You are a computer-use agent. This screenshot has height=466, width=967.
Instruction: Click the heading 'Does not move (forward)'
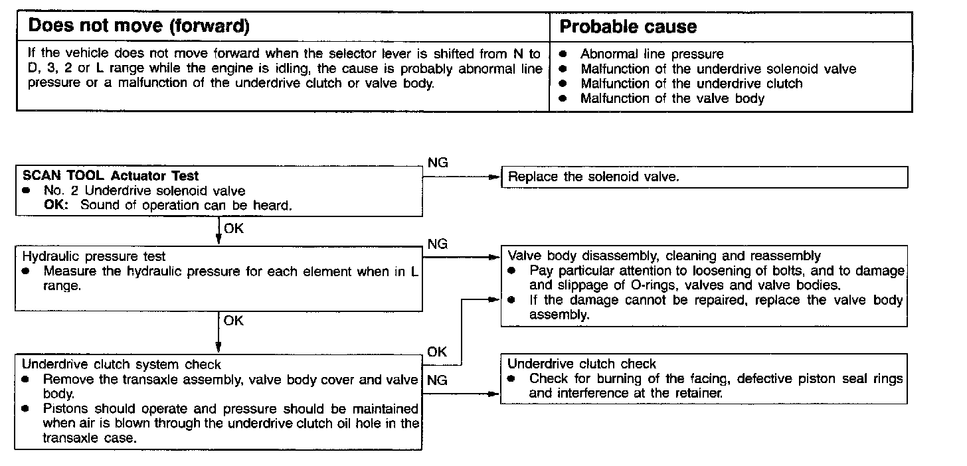point(139,27)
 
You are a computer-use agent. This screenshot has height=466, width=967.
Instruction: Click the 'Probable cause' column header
point(628,27)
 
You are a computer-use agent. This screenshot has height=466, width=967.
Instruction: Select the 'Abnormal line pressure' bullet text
point(652,54)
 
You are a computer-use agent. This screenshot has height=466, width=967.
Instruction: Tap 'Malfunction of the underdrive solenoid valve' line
point(718,69)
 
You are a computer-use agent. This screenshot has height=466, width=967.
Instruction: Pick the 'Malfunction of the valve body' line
point(672,99)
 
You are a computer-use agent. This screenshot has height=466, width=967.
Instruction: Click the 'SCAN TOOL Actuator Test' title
point(110,176)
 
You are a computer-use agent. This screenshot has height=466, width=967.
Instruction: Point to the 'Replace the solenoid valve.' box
point(704,177)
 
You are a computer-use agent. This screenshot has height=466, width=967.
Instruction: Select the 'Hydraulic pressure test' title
point(94,256)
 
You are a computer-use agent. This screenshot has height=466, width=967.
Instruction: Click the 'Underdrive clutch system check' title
point(122,364)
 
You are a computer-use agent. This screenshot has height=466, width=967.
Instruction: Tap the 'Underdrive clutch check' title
point(582,364)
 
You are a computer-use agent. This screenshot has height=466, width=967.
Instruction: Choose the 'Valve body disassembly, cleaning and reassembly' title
point(664,256)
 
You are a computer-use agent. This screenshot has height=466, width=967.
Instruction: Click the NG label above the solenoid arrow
point(438,163)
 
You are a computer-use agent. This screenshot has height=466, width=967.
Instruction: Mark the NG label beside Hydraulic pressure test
point(438,244)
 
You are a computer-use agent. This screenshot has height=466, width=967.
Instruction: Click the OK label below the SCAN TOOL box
point(234,230)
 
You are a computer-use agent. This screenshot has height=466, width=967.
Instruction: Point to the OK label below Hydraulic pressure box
point(234,321)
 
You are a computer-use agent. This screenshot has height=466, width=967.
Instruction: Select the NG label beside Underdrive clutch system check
point(438,380)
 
